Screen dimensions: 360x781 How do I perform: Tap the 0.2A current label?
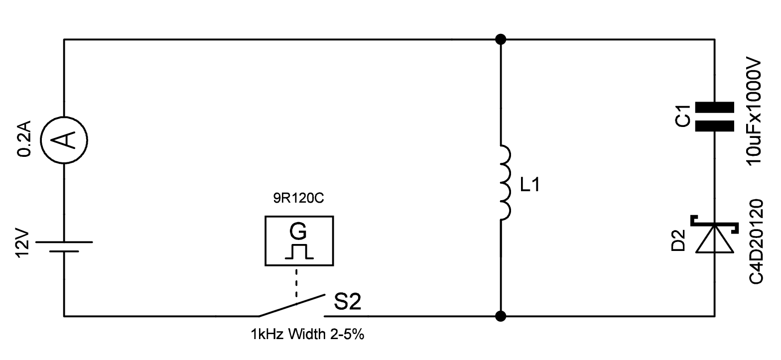tap(25, 139)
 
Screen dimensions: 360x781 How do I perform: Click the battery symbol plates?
tap(64, 246)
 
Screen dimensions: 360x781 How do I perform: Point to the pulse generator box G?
tap(298, 240)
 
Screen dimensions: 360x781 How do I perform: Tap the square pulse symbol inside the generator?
tap(299, 252)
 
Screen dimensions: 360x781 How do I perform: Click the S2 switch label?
tap(347, 302)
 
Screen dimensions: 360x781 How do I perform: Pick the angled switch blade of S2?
tap(291, 305)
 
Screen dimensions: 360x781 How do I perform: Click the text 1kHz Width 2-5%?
tap(308, 334)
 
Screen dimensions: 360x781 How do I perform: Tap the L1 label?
tap(530, 186)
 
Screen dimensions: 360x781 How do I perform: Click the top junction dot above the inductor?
tap(501, 39)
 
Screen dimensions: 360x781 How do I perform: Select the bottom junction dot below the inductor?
tap(501, 316)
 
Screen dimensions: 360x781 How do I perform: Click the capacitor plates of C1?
tap(714, 116)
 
